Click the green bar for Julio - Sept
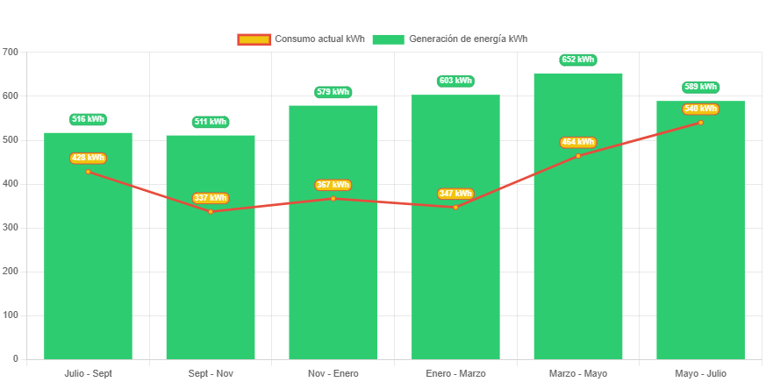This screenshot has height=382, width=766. [88, 263]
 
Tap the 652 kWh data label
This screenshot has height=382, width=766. [578, 60]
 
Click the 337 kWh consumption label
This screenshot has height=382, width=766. [211, 198]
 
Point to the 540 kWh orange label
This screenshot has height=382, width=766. [700, 109]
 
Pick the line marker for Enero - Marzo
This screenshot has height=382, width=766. [455, 207]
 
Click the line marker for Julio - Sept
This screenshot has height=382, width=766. [88, 172]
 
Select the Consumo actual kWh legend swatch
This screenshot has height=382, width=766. [254, 39]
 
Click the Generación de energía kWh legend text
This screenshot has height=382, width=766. [468, 39]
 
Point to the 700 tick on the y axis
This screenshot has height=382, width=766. [11, 52]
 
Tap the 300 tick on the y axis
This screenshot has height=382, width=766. [11, 227]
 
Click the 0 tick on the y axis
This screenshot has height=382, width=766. [16, 358]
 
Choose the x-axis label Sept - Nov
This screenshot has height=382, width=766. [211, 373]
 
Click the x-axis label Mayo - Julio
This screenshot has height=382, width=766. [700, 373]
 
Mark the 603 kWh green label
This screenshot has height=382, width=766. [455, 81]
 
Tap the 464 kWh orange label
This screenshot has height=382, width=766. [578, 142]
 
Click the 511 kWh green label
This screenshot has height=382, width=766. [211, 122]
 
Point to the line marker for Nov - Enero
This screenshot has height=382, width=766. [333, 199]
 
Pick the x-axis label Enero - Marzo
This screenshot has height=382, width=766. [455, 373]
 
